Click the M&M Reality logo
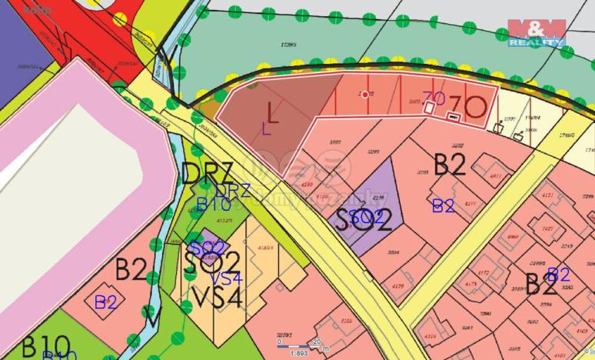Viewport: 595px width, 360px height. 537,32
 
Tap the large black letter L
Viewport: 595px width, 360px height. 272,111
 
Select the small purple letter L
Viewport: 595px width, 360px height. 266,128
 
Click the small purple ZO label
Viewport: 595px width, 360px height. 434,96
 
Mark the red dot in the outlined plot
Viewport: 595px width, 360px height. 364,94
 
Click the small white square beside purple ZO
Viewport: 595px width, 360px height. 428,108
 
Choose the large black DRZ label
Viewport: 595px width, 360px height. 207,172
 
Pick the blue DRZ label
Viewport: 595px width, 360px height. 232,190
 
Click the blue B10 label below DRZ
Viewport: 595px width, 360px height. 213,204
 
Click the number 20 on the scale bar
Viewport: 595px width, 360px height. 316,342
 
